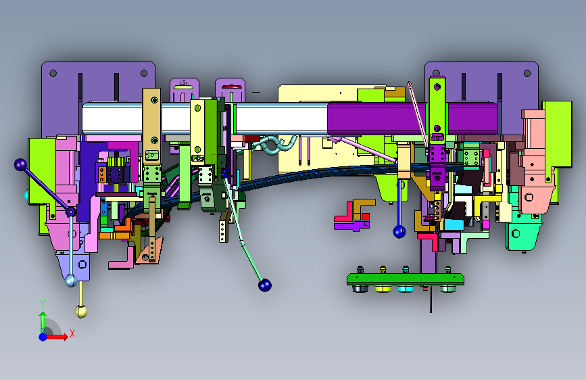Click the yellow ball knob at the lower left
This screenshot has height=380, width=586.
point(81,311)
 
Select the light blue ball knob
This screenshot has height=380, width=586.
point(70,281)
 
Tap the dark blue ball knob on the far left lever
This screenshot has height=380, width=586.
point(20,164)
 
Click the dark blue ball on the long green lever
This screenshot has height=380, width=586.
point(264,285)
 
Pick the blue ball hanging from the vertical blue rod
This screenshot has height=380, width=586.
point(399,232)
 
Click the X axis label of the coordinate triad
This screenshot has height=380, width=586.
point(72,333)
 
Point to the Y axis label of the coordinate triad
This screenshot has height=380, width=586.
point(43,304)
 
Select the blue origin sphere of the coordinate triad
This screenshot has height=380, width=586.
point(43,337)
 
